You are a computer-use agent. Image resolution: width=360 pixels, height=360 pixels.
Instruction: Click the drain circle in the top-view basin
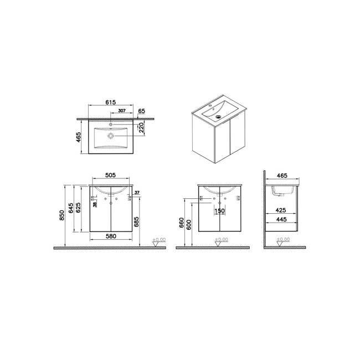coord(111,135)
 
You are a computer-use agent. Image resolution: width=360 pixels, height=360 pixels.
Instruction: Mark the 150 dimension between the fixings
coord(219,211)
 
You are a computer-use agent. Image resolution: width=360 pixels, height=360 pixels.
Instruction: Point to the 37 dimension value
coord(137,193)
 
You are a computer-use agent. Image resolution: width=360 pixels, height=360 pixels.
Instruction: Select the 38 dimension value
coord(95,204)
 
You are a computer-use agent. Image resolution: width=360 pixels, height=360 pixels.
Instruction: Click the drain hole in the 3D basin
coord(218,117)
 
